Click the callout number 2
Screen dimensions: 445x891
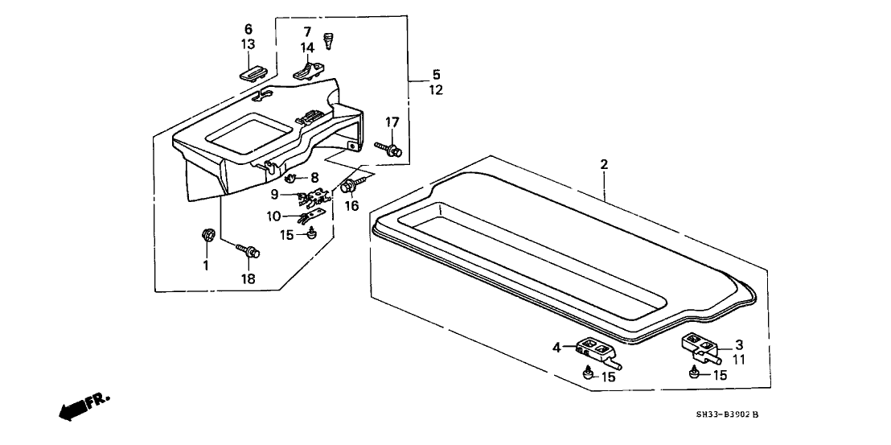tap(604, 165)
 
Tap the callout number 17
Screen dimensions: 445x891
tap(392, 122)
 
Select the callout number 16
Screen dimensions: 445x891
tap(350, 206)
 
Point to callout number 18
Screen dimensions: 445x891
tap(248, 278)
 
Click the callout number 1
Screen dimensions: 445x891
tap(205, 265)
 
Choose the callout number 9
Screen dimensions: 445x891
tap(274, 194)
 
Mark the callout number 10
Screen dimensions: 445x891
tap(274, 216)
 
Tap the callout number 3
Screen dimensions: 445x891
tap(739, 344)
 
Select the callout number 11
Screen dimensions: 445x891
tap(739, 360)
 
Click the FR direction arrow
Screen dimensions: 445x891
tap(83, 406)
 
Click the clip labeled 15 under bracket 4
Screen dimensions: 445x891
tap(587, 373)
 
